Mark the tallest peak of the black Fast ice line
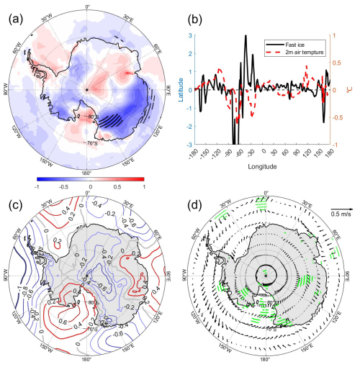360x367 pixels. tap(246, 35)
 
